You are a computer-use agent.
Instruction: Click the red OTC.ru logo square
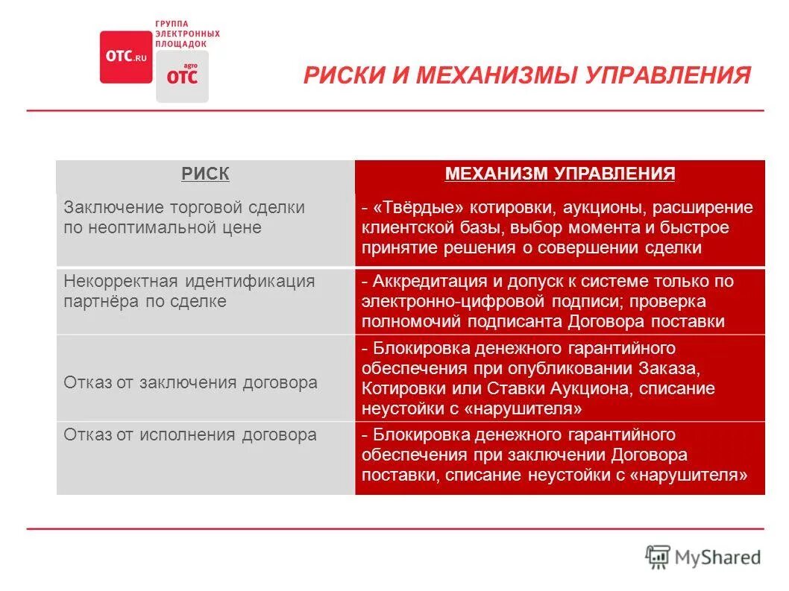tap(126, 57)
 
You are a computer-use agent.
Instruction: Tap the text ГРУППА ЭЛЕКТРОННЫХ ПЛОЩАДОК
tap(186, 34)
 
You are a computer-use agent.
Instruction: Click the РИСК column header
tap(205, 174)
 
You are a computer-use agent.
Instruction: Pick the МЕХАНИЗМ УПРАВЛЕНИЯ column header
tap(560, 174)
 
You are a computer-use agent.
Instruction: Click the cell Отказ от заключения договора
tap(191, 383)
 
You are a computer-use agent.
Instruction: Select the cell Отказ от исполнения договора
tap(191, 435)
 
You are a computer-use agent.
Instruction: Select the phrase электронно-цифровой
tap(443, 302)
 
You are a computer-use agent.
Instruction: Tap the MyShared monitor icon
tap(658, 557)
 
